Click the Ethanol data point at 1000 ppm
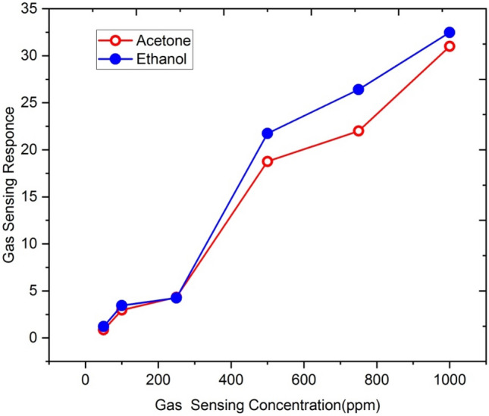click(x=450, y=33)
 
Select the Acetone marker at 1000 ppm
click(x=450, y=46)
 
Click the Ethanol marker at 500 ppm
click(x=268, y=133)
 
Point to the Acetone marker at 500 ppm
click(x=268, y=161)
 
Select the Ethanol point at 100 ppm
click(x=121, y=305)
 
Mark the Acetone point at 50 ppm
click(x=103, y=330)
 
